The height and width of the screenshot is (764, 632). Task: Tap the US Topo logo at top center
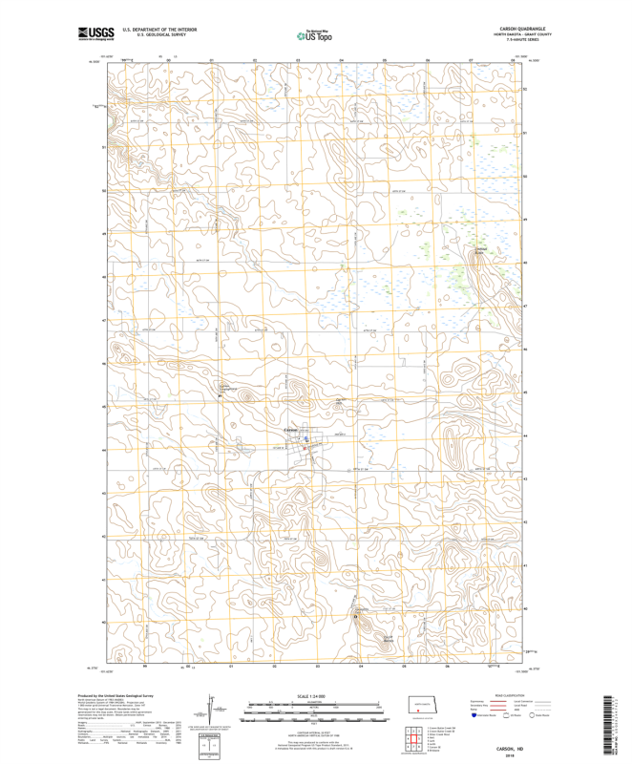[315, 35]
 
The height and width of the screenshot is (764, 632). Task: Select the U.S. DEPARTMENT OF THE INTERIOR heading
[152, 30]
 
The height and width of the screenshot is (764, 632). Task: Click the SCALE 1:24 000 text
[315, 698]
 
